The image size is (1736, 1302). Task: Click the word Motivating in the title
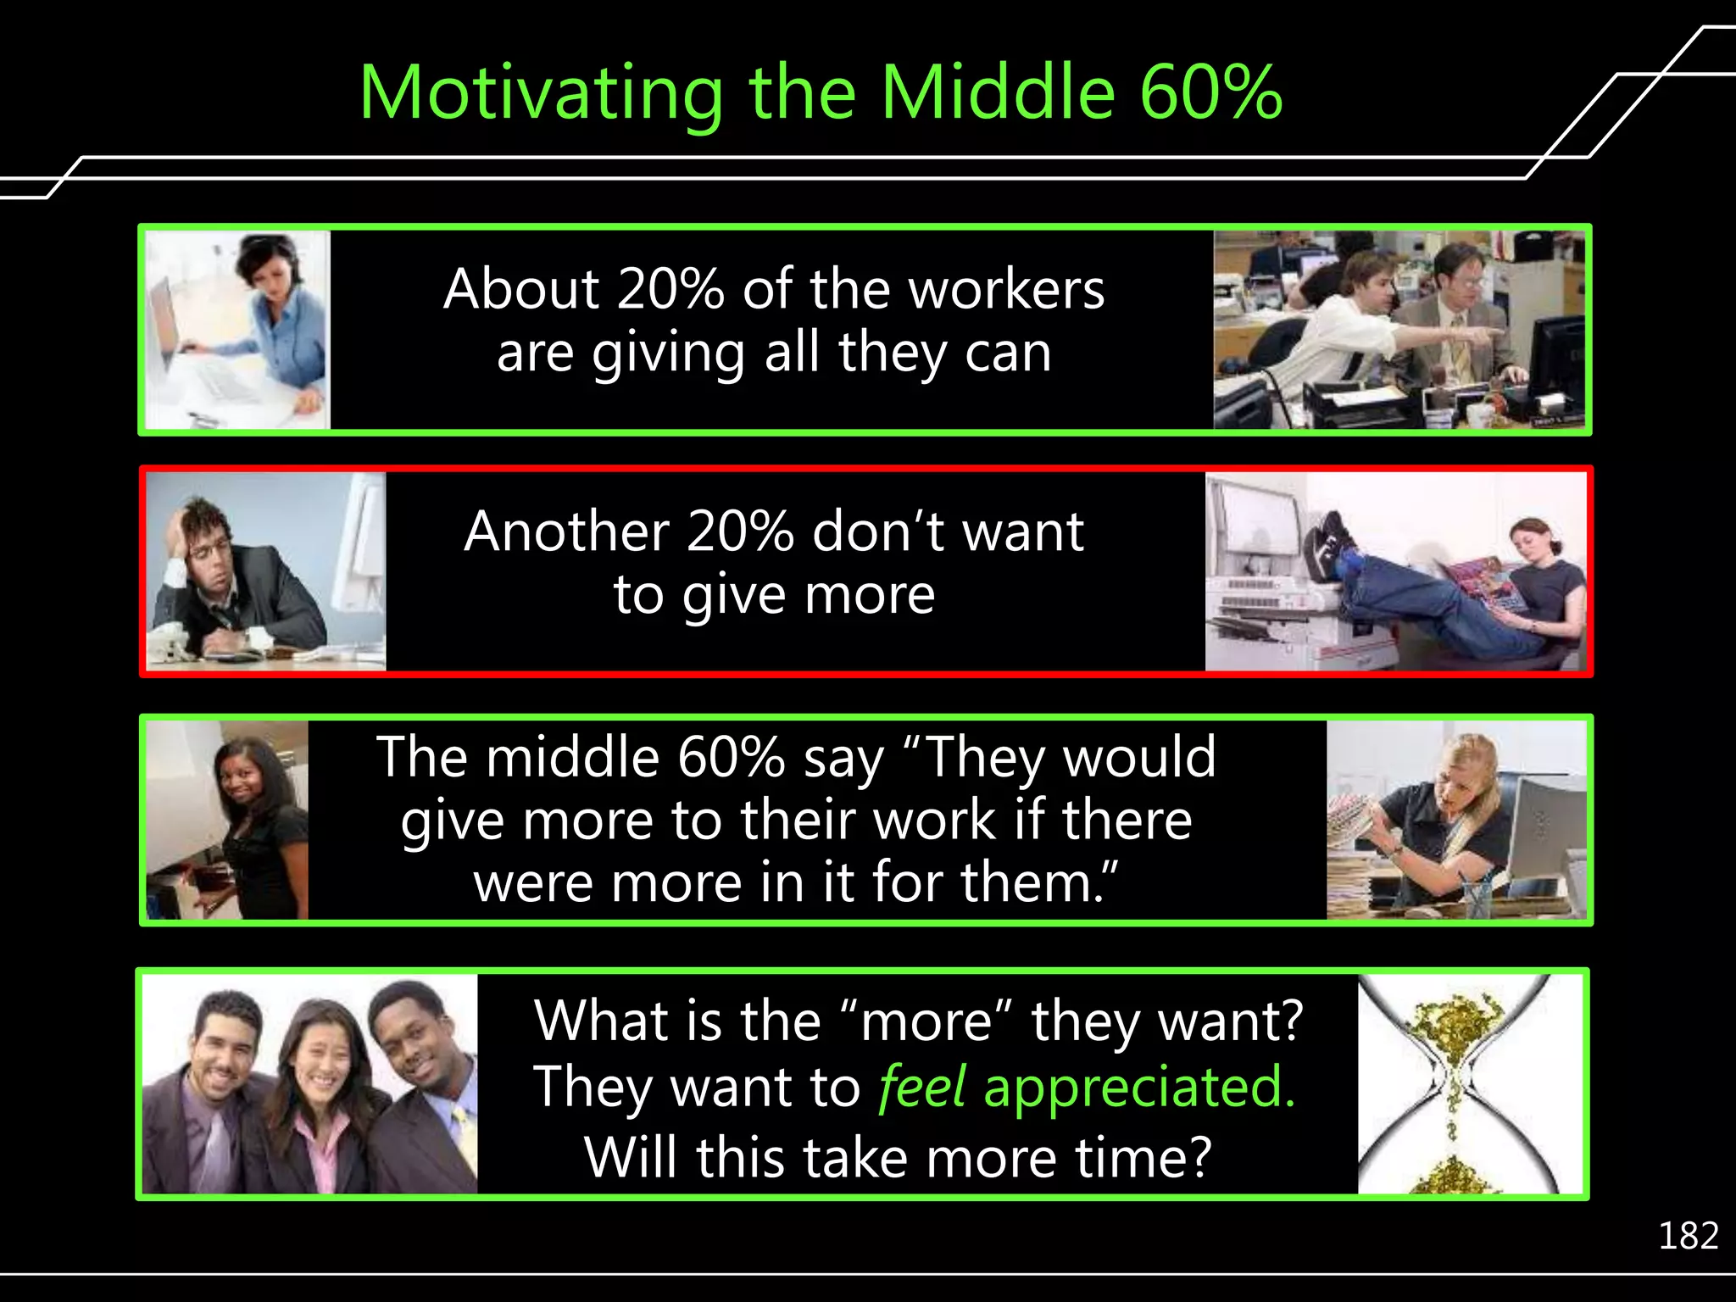tap(541, 93)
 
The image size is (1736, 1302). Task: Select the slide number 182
tap(1688, 1236)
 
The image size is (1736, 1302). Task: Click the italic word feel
tap(921, 1087)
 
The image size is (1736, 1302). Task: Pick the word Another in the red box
tap(565, 531)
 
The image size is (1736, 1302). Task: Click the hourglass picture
tap(1470, 1084)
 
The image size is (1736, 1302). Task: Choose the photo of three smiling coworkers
tap(310, 1084)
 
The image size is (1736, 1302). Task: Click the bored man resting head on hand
tap(265, 571)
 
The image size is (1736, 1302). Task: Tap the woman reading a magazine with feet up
tap(1396, 571)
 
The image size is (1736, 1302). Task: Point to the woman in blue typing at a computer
tap(237, 330)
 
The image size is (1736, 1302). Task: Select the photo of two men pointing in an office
tap(1399, 330)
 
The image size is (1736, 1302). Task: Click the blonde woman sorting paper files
tap(1455, 820)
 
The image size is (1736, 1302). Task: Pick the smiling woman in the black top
tap(228, 820)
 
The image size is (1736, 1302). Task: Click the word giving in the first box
tap(668, 353)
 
